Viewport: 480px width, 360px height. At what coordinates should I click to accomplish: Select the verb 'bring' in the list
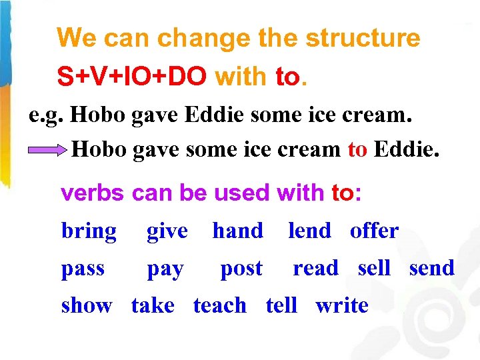(x=89, y=231)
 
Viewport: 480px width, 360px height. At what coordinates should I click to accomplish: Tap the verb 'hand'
(x=237, y=231)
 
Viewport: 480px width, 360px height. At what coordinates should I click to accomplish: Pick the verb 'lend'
(x=309, y=231)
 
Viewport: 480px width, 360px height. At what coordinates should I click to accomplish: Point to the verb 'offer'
(x=374, y=231)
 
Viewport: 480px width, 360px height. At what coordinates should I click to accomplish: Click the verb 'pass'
(x=83, y=269)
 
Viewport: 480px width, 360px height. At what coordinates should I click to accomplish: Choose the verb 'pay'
(x=165, y=269)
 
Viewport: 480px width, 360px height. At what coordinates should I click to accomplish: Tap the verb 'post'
(x=241, y=269)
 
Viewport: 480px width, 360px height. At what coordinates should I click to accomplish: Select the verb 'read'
(x=315, y=268)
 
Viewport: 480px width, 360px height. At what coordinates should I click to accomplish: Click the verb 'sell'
(x=374, y=268)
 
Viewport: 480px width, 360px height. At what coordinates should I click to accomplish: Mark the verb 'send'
(x=431, y=268)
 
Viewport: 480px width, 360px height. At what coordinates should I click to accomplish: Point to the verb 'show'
(x=86, y=305)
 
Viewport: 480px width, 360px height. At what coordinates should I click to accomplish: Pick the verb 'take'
(x=153, y=305)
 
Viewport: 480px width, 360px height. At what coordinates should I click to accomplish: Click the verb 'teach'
(x=219, y=305)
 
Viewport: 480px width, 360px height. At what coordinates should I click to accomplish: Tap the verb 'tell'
(x=281, y=305)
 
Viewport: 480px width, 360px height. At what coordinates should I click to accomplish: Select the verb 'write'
(x=341, y=305)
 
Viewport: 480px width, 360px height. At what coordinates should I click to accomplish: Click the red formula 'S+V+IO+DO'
(x=131, y=77)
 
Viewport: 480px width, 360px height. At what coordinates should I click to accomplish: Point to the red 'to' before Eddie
(x=357, y=149)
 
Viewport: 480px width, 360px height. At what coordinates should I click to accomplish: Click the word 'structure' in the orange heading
(x=363, y=38)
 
